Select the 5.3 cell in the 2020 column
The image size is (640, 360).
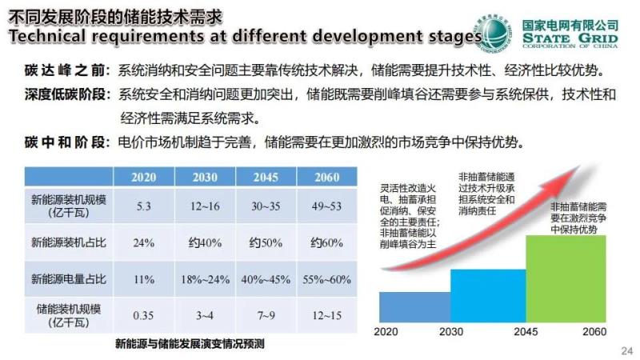coord(144,206)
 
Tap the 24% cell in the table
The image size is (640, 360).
coord(144,242)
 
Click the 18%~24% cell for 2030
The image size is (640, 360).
coord(205,279)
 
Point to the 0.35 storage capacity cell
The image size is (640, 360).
coord(144,315)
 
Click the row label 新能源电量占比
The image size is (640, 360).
coord(68,279)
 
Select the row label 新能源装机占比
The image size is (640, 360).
coord(68,242)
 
